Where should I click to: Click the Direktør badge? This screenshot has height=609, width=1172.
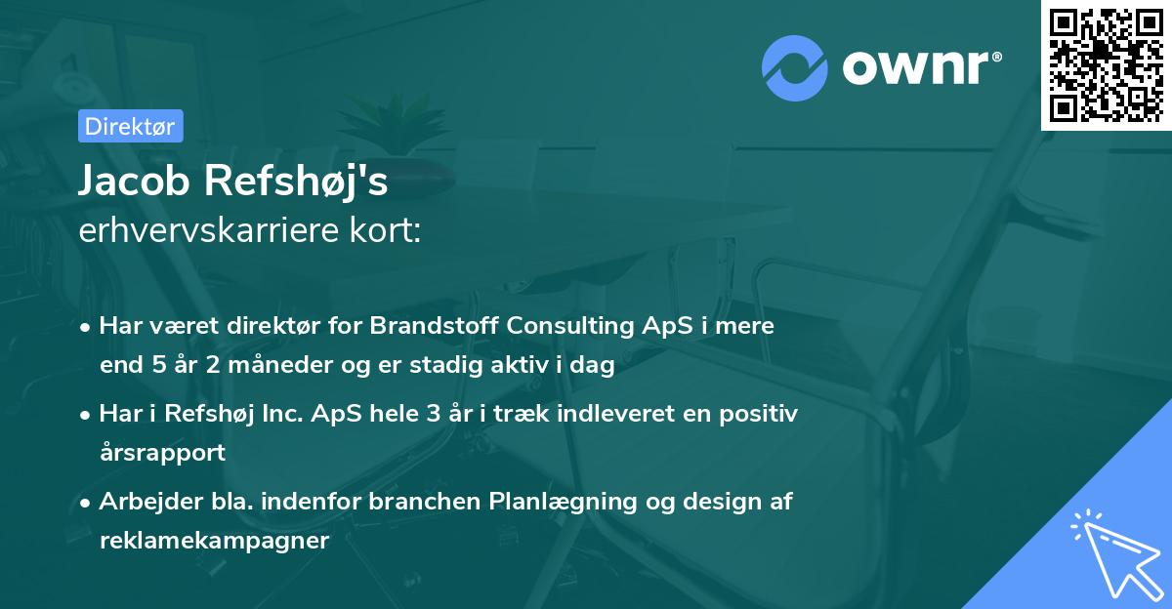[x=130, y=126]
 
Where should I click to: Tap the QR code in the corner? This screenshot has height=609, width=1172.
[x=1107, y=64]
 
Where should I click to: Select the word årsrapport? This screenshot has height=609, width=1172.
[x=162, y=453]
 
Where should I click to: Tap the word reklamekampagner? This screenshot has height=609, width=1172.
[x=214, y=541]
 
